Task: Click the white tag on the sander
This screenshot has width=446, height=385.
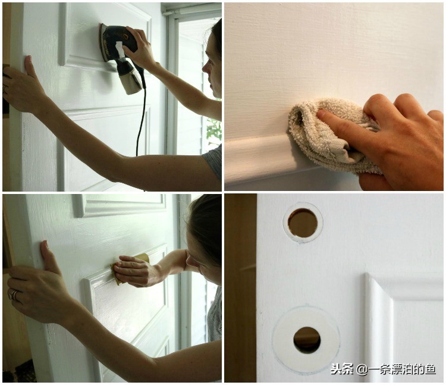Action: [x=120, y=49]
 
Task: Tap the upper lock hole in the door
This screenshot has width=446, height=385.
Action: [x=303, y=223]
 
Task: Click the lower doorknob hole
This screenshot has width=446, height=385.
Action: [x=307, y=340]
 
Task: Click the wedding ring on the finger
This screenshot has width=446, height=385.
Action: [x=13, y=295]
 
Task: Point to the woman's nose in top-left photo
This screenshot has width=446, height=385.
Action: [x=206, y=68]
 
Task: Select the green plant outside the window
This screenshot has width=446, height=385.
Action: [x=214, y=131]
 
